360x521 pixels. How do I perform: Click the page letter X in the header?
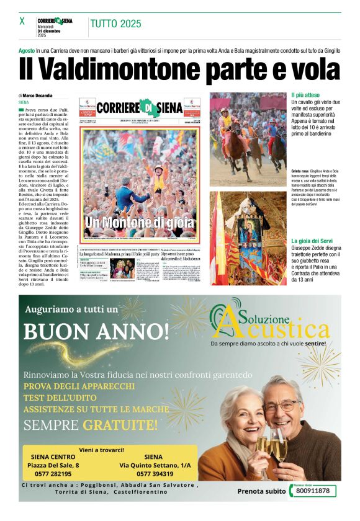pos(22,21)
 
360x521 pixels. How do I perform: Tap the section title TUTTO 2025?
pos(115,24)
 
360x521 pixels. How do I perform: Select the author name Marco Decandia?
pos(37,95)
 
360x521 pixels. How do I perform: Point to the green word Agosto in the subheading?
pos(27,49)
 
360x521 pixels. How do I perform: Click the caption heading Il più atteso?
pos(306,95)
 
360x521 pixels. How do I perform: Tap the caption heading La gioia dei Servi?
pos(314,240)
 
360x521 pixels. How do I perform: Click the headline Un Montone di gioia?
pos(140,221)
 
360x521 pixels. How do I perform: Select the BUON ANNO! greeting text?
pos(97,329)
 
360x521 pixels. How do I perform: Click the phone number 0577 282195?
pos(49,473)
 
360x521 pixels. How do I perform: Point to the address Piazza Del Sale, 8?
pos(56,465)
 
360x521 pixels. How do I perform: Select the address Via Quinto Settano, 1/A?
pos(155,465)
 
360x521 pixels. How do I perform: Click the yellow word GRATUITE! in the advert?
pos(120,425)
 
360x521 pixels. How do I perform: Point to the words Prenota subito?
pos(261,491)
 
